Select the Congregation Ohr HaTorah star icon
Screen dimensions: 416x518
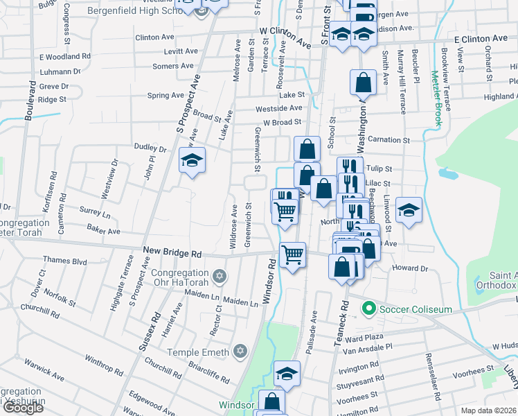(x=220, y=277)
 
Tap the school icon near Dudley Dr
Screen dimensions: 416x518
(x=192, y=161)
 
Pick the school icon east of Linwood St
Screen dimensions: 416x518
(x=409, y=210)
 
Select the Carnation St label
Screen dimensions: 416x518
(x=388, y=140)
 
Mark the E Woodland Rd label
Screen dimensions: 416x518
(x=65, y=56)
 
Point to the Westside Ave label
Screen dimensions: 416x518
(x=279, y=108)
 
